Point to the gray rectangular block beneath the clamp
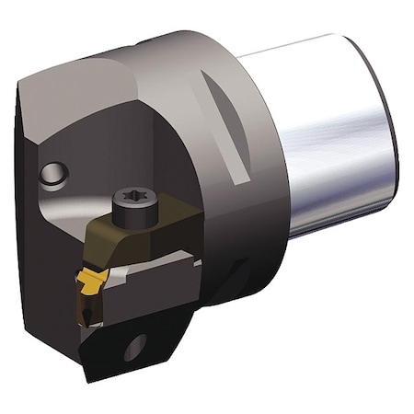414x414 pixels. point(156,285)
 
